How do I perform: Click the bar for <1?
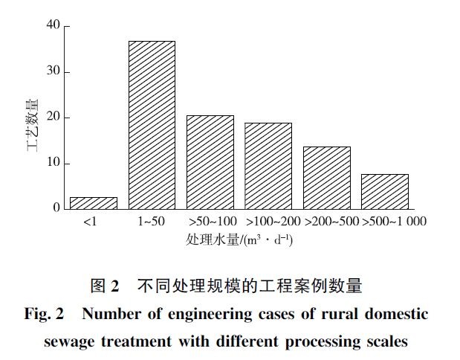(x=94, y=203)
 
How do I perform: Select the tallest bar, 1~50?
(x=152, y=125)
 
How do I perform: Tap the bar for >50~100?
(x=210, y=162)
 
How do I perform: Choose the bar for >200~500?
(x=327, y=178)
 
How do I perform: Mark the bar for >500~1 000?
(x=385, y=191)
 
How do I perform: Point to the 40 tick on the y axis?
(x=53, y=26)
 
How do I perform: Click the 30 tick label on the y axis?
(x=53, y=72)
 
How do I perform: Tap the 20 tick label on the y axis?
(x=53, y=118)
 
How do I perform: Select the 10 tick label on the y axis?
(x=53, y=163)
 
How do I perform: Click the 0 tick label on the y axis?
(x=56, y=208)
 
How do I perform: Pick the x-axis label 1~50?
(x=152, y=222)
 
